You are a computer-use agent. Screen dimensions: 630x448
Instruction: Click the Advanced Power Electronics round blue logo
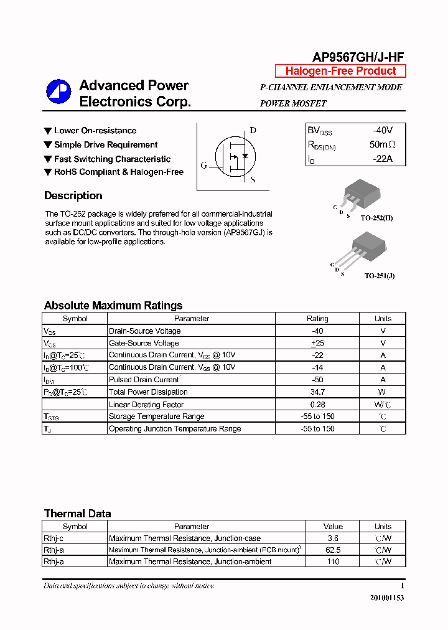coord(59,92)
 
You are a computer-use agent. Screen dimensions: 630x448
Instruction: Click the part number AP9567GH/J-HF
coord(358,57)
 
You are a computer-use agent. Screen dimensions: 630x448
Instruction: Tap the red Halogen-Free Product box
coord(340,71)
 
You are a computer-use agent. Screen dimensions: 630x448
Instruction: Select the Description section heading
coord(73,195)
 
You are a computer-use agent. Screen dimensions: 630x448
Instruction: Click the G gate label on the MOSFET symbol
coord(203,166)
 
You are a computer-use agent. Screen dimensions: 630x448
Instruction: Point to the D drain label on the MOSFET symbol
coord(253,131)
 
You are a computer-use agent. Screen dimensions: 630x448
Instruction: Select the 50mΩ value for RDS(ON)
coord(382,145)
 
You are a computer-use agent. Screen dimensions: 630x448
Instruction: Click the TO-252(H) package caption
coord(376,218)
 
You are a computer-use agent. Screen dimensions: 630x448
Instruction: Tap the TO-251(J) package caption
coord(379,275)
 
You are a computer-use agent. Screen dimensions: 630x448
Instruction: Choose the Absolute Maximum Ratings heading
coord(113,306)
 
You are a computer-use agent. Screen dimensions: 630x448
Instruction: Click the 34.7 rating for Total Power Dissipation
coord(317,392)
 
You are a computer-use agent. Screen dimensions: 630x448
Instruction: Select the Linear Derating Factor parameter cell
coord(146,405)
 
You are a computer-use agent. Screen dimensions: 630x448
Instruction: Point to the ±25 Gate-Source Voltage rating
coord(317,343)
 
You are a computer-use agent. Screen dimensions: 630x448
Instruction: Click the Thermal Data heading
coord(78,514)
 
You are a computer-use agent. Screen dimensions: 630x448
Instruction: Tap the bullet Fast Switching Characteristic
coord(112,159)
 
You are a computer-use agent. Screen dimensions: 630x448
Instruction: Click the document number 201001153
coord(387,598)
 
